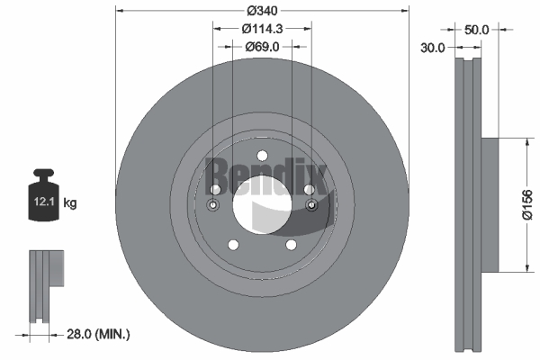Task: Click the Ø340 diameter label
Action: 262,11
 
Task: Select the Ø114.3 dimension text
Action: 262,29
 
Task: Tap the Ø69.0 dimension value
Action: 262,47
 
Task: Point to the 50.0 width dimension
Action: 476,30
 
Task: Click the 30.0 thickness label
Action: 433,48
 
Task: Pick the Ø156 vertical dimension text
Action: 527,204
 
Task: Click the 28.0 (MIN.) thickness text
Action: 98,334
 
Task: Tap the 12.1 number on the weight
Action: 44,202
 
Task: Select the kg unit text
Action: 70,202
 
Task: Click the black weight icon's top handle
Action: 44,173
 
